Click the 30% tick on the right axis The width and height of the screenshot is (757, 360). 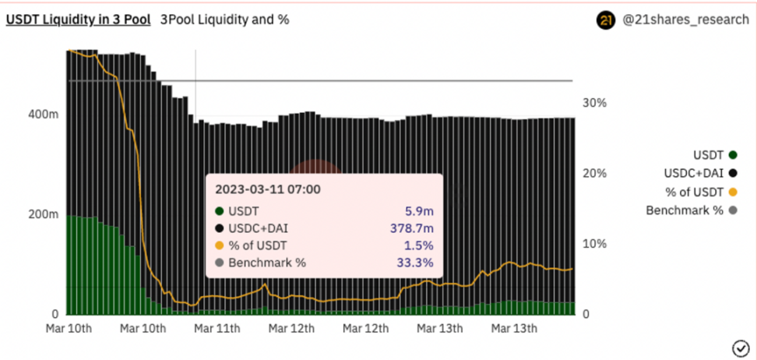(595, 103)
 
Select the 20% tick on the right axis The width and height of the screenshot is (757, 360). (595, 173)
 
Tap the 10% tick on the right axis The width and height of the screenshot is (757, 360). (595, 244)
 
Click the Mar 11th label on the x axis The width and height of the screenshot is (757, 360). (217, 328)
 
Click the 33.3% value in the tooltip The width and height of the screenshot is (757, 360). (414, 263)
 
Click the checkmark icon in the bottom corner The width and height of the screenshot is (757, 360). (740, 347)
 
